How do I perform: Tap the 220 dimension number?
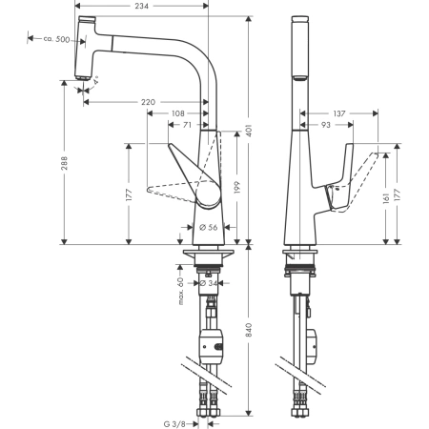(148, 101)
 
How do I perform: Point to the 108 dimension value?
(178, 113)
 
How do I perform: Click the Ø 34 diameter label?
(209, 282)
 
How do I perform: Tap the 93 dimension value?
(326, 125)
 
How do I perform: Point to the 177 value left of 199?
(128, 197)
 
